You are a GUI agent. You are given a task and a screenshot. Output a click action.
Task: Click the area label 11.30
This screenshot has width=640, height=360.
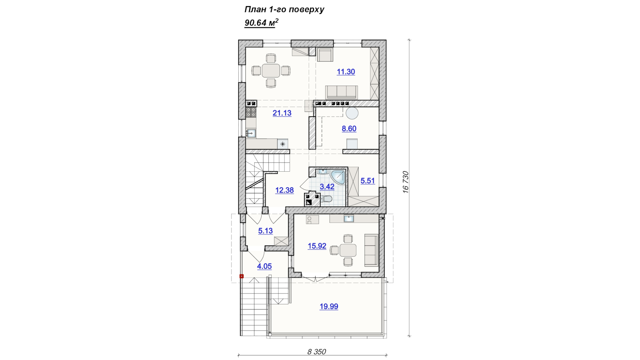pos(346,72)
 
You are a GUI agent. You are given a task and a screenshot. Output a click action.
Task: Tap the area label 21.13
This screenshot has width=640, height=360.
pos(282,113)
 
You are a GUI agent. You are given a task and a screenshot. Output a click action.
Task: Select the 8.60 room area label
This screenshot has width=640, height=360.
pos(349,129)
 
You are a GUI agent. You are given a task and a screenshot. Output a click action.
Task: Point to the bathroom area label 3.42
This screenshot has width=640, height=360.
pos(327,187)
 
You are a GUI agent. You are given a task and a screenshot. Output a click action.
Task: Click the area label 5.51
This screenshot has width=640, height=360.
pos(368,181)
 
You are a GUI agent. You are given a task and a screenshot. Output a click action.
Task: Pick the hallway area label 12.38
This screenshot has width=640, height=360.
pos(284,190)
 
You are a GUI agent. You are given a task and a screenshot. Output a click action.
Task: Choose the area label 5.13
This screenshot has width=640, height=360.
pos(265,231)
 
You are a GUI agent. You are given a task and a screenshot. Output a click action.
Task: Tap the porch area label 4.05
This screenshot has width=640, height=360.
pos(264,266)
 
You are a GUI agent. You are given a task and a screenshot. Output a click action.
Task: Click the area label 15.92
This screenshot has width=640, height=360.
pos(317,246)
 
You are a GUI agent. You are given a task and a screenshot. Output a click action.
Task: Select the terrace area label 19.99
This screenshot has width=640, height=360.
pos(329,306)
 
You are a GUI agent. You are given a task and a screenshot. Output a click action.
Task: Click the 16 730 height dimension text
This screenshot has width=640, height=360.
pos(405,182)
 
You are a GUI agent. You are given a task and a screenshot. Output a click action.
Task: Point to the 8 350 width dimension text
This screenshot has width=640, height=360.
pos(316,352)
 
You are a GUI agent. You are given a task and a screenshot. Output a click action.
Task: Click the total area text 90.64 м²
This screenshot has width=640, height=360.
pos(261,23)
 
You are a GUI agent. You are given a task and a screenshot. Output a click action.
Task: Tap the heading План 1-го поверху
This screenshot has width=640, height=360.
pos(284,9)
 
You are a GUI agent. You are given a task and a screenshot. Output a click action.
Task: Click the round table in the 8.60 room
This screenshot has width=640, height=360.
pos(352,113)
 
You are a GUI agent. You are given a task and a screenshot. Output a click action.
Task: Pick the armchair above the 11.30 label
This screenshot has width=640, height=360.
pos(325,55)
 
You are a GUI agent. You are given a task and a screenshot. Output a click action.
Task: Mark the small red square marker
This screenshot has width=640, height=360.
pos(242,276)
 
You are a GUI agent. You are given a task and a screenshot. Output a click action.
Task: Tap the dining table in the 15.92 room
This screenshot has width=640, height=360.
pos(348,250)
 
